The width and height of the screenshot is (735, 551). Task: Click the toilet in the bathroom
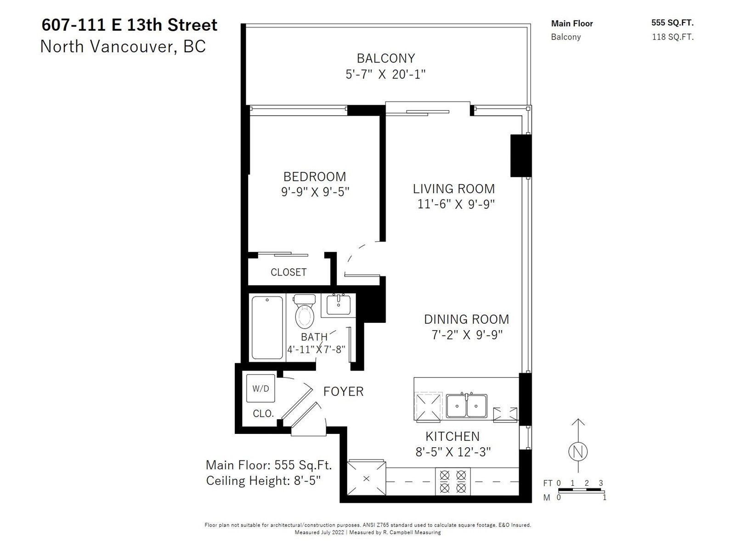[305, 311]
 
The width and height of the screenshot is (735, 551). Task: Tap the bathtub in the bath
[267, 327]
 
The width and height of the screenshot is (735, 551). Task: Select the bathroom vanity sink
[339, 305]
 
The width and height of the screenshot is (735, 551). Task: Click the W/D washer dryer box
[260, 388]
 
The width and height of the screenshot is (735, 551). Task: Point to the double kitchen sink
[466, 405]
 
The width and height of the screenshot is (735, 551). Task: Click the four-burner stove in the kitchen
[453, 481]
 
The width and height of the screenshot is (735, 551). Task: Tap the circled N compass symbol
[578, 451]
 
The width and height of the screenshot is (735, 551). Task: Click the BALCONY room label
[386, 58]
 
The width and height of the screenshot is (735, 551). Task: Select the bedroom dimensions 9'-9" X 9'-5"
[315, 191]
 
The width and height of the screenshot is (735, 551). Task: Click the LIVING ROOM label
[454, 189]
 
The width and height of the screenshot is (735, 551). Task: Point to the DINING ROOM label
[466, 319]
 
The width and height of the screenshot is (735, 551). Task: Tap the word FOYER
[343, 391]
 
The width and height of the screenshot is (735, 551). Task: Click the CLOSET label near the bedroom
[288, 272]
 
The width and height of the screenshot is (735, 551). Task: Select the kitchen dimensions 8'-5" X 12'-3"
[453, 452]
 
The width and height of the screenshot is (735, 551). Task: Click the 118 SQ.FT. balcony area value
[673, 37]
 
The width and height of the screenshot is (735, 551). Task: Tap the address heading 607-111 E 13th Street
[129, 25]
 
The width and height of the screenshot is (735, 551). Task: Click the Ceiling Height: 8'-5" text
[263, 481]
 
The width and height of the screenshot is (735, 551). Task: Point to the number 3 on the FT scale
[601, 483]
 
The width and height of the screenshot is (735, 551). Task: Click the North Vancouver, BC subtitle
[123, 46]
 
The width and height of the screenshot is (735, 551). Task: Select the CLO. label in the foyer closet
[263, 414]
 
